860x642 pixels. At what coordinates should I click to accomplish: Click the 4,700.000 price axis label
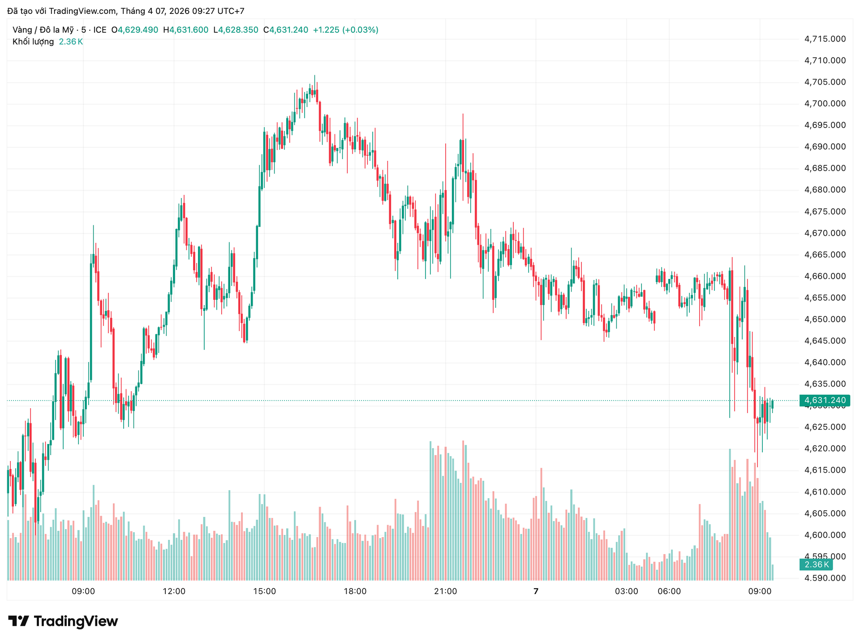click(x=825, y=103)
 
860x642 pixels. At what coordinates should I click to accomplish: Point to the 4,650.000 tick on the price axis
click(x=825, y=319)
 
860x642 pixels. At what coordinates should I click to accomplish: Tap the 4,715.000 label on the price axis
click(x=825, y=39)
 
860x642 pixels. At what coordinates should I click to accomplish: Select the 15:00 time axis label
click(x=264, y=591)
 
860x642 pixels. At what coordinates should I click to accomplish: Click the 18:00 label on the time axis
click(x=355, y=591)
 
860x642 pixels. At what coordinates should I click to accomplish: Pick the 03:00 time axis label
click(x=626, y=591)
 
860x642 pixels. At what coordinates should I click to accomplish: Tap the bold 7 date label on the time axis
click(x=536, y=591)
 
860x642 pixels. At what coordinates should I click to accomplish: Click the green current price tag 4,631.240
click(x=825, y=400)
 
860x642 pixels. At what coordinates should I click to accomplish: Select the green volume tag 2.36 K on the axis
click(x=816, y=564)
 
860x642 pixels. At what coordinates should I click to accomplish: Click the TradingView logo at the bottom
click(x=63, y=621)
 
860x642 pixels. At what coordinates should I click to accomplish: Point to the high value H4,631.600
click(x=185, y=30)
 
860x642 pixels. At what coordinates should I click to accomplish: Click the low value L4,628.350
click(x=236, y=30)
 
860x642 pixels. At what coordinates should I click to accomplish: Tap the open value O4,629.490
click(x=135, y=30)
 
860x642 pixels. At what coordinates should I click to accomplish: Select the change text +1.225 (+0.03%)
click(x=345, y=30)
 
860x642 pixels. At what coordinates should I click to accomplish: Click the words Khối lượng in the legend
click(x=33, y=42)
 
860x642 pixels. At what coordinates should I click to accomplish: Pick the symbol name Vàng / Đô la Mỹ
click(x=43, y=30)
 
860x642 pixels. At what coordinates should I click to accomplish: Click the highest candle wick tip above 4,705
click(x=314, y=76)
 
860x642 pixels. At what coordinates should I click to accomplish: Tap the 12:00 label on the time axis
click(x=174, y=591)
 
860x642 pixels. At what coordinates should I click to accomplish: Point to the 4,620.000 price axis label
click(x=825, y=448)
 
